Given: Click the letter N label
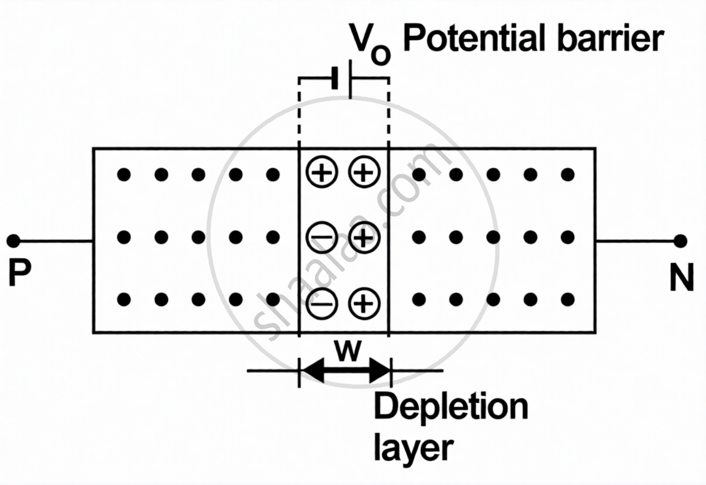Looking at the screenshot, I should pyautogui.click(x=681, y=280).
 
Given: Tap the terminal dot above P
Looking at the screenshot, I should pyautogui.click(x=14, y=241).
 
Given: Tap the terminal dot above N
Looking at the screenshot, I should pyautogui.click(x=681, y=241).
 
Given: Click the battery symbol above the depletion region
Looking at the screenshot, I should pyautogui.click(x=343, y=78).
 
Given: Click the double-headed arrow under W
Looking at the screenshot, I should pyautogui.click(x=345, y=371).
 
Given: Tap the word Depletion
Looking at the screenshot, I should pyautogui.click(x=451, y=407).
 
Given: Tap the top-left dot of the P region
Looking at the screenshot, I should pyautogui.click(x=124, y=175).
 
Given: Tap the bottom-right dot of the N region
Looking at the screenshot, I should pyautogui.click(x=567, y=300).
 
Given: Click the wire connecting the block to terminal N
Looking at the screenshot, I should pyautogui.click(x=637, y=241).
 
